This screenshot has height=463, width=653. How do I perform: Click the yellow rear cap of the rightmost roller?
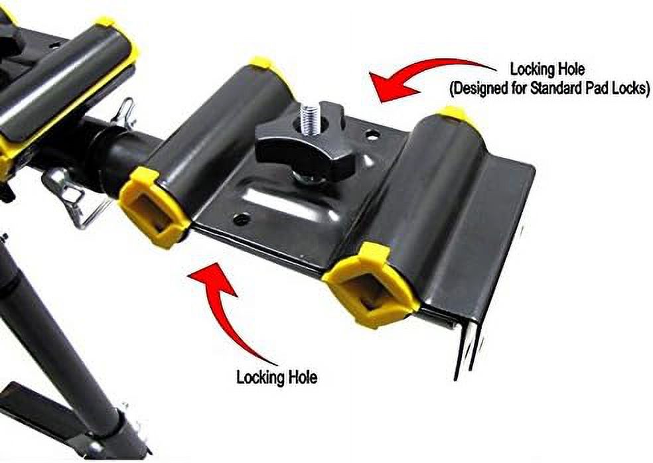453,114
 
